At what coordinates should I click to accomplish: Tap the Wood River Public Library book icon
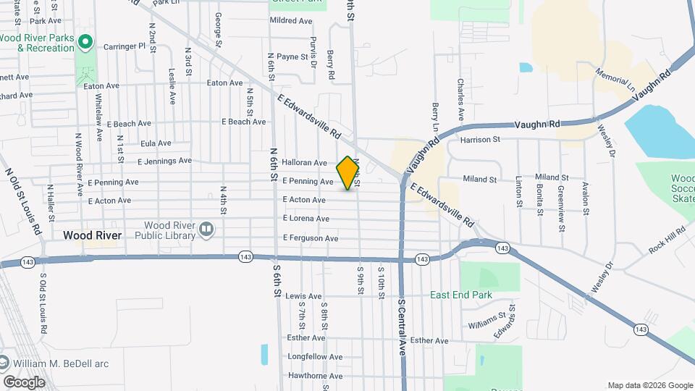coord(206,230)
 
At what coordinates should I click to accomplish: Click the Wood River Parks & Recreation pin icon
coord(85,42)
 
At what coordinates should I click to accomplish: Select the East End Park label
coord(461,295)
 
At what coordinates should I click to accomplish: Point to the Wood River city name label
coord(91,235)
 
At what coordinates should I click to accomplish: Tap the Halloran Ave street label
coord(305,163)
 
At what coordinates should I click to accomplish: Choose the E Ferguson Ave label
coord(311,237)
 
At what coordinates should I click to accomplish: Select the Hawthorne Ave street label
coord(315,375)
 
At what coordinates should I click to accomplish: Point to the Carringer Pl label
coord(125,46)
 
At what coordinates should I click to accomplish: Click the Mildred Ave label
coord(291,21)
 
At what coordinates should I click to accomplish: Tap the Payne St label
coord(292,56)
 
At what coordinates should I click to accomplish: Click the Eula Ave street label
coord(156,143)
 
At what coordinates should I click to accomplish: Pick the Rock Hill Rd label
coord(667,240)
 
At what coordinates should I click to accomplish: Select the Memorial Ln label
coord(616,80)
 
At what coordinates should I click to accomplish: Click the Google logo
coord(24,382)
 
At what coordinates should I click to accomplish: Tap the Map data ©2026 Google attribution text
coord(649,385)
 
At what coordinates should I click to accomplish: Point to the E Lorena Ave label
coord(306,218)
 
